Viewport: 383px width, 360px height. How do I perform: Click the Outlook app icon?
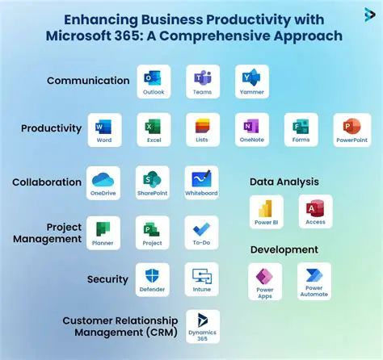click(x=152, y=79)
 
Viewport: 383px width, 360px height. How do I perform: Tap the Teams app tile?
click(x=202, y=79)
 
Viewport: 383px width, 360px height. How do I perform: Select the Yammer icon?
click(x=251, y=79)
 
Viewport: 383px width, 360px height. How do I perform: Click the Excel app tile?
click(x=153, y=128)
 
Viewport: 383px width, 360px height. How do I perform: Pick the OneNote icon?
click(x=251, y=128)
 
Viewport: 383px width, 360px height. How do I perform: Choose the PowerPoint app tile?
click(x=351, y=128)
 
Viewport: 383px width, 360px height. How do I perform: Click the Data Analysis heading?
click(x=284, y=182)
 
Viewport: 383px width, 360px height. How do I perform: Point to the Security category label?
click(x=107, y=279)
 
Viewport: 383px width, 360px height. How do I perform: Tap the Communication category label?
click(x=88, y=81)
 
